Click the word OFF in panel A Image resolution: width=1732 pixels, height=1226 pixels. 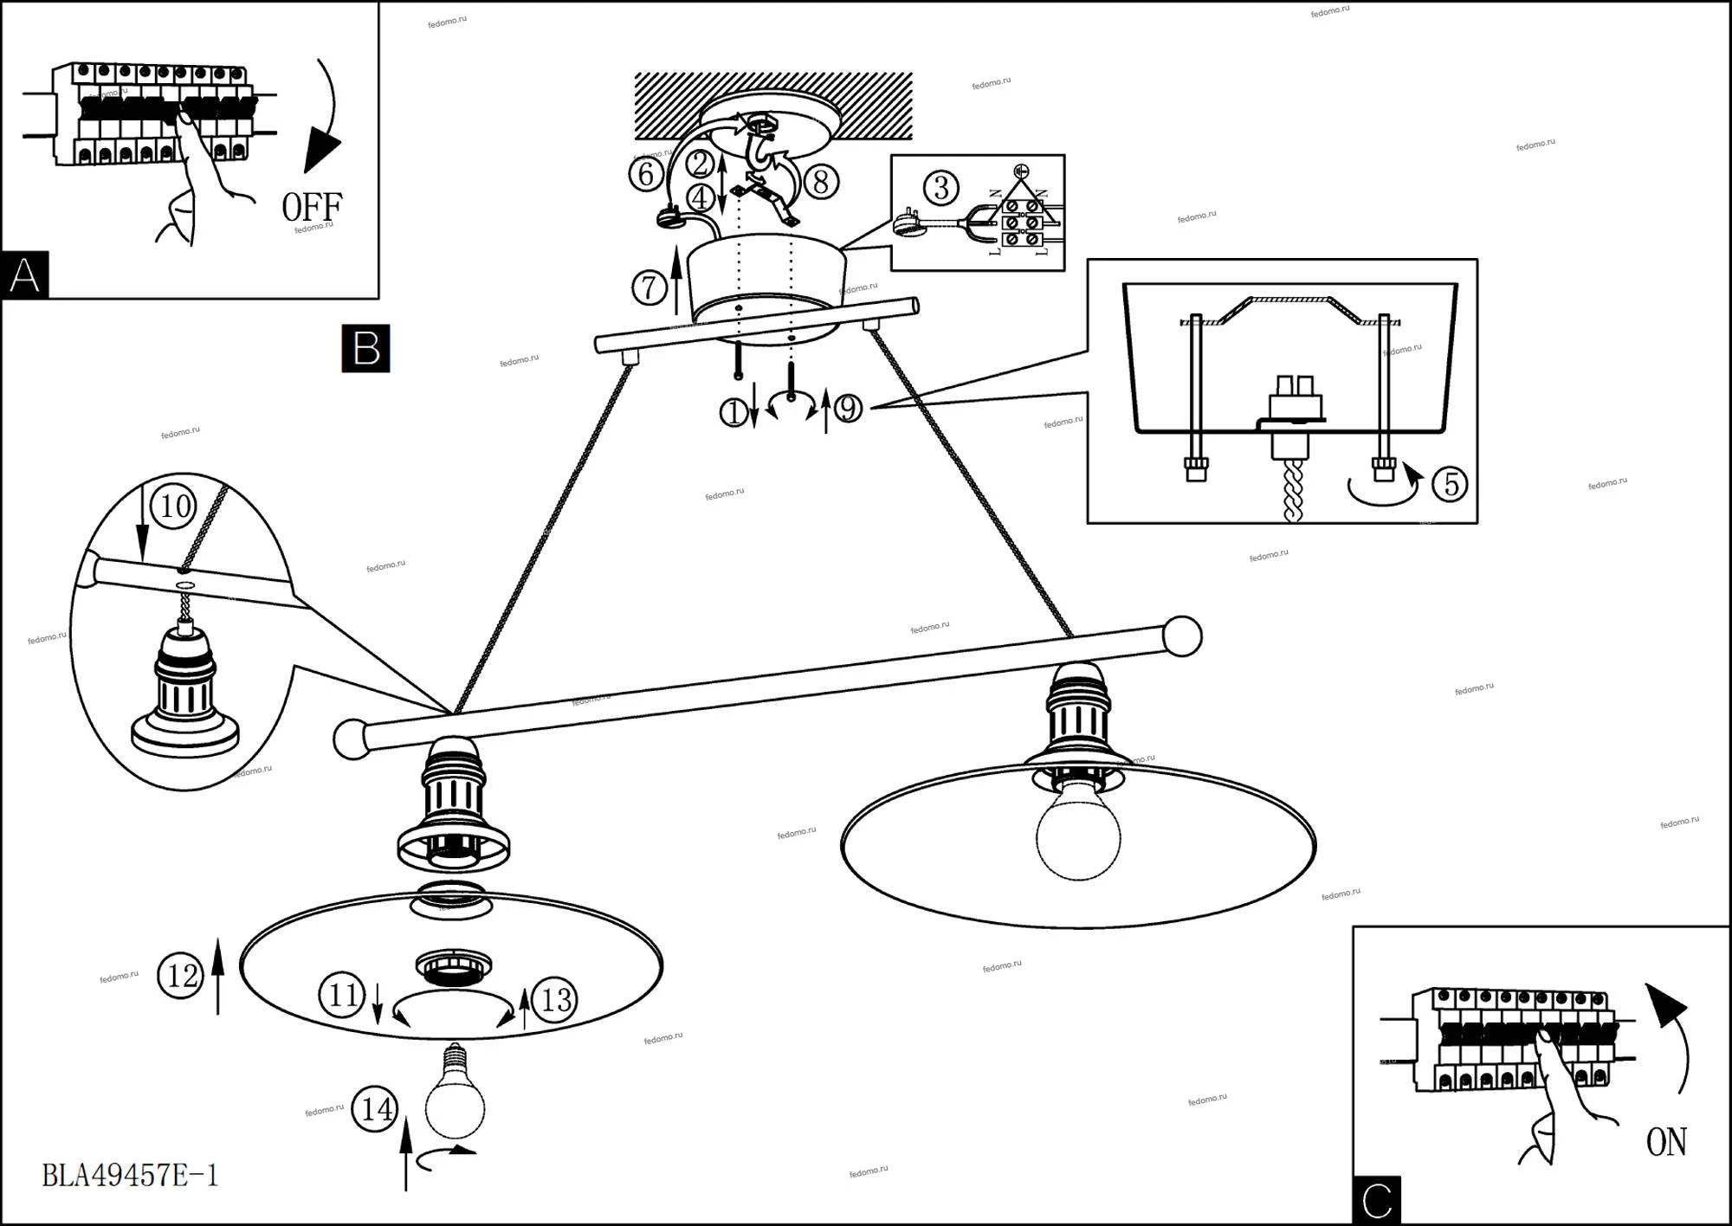pyautogui.click(x=312, y=207)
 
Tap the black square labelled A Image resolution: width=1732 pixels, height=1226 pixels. pyautogui.click(x=24, y=275)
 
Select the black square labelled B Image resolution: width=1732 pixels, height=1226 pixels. pyautogui.click(x=365, y=348)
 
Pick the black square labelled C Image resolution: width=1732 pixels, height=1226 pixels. pyautogui.click(x=1376, y=1200)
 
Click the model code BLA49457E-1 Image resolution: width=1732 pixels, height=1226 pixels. pyautogui.click(x=131, y=1175)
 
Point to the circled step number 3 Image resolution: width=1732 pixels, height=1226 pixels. pyautogui.click(x=940, y=188)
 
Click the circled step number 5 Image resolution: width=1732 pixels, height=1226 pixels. pyautogui.click(x=1450, y=483)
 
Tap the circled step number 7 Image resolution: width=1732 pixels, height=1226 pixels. pyautogui.click(x=649, y=287)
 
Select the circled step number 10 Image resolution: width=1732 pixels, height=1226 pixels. pyautogui.click(x=175, y=506)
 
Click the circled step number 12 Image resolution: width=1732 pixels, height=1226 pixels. pyautogui.click(x=182, y=976)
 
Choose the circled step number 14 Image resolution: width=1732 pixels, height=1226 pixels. pyautogui.click(x=376, y=1109)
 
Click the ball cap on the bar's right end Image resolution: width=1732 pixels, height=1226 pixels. pyautogui.click(x=1182, y=636)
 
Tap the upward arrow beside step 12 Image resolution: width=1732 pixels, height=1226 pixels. pyautogui.click(x=217, y=974)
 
